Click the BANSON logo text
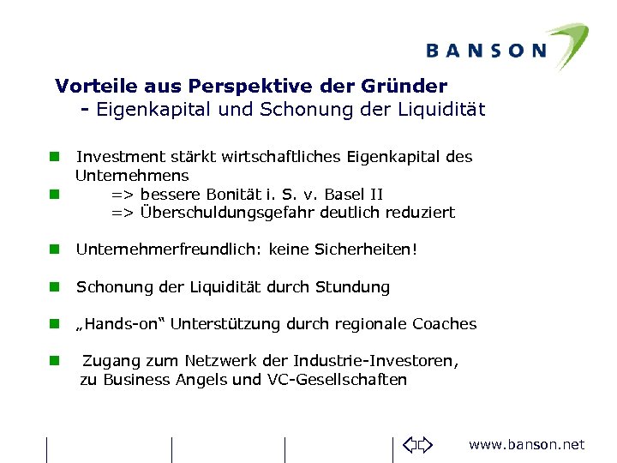coord(485,50)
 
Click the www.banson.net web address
coord(526,444)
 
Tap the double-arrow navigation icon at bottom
coord(419,445)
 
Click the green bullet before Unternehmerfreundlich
coord(53,250)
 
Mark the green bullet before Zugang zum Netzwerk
coord(53,361)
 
